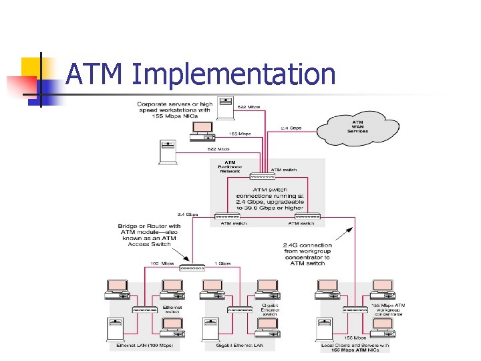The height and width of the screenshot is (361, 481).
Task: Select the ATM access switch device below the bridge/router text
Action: [x=192, y=267]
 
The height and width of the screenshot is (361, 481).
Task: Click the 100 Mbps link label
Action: [x=162, y=263]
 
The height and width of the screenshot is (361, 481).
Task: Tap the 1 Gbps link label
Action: [x=223, y=263]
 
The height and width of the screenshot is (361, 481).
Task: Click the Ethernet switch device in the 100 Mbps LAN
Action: [x=144, y=310]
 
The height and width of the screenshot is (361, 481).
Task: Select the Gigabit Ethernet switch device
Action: [x=240, y=310]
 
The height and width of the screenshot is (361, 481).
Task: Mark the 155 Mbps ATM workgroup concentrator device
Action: [x=355, y=310]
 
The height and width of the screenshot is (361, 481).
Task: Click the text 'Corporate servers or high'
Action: [x=175, y=104]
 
